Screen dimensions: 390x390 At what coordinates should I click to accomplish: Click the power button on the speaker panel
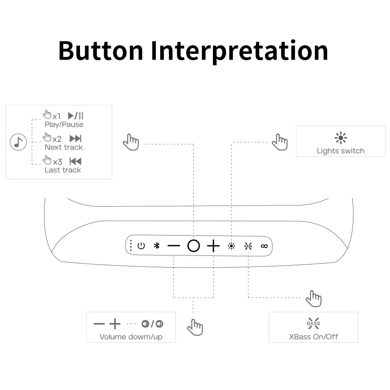[x=141, y=246]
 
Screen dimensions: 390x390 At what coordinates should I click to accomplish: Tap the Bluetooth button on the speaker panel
[x=156, y=246]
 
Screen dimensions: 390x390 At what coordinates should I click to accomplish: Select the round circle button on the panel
[x=193, y=246]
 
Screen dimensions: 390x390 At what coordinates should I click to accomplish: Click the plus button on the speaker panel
[x=213, y=246]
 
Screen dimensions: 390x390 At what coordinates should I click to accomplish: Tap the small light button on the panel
[x=231, y=246]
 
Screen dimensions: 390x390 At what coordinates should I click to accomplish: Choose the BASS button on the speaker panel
[x=248, y=246]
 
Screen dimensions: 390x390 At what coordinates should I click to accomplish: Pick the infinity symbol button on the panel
[x=264, y=246]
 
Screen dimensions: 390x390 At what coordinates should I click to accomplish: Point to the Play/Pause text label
[x=64, y=124]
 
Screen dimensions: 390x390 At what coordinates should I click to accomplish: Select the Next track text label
[x=64, y=147]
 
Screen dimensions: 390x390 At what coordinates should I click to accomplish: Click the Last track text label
[x=63, y=170]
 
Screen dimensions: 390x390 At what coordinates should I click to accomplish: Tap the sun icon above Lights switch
[x=340, y=138]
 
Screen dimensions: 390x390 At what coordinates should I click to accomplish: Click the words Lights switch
[x=340, y=151]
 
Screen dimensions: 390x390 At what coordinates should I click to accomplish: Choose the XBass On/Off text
[x=313, y=337]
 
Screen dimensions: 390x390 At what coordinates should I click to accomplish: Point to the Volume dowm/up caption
[x=131, y=337]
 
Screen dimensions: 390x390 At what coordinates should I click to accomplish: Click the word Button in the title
[x=101, y=51]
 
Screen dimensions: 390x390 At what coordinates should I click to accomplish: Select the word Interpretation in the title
[x=239, y=51]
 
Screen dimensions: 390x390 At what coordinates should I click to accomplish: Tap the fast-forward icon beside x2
[x=75, y=138]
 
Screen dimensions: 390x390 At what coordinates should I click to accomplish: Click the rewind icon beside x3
[x=75, y=161]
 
